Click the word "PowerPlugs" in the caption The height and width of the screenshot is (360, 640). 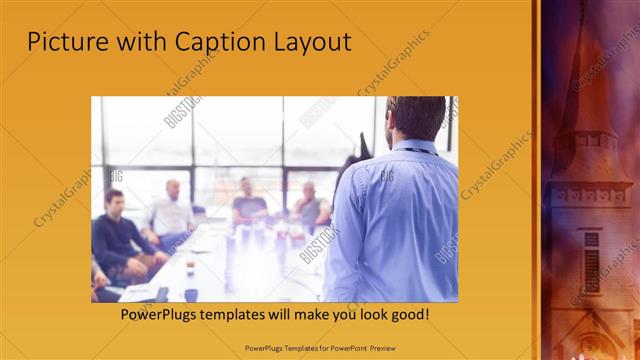coord(156,314)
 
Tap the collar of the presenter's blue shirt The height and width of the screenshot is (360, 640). coord(410,146)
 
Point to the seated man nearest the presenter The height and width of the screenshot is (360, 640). coord(309,205)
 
